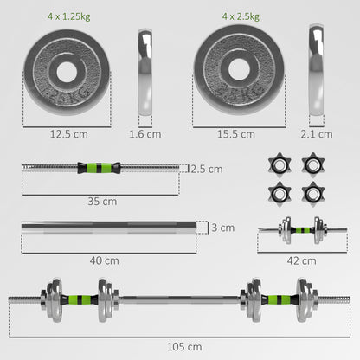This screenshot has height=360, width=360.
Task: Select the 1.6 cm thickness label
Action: tap(146, 133)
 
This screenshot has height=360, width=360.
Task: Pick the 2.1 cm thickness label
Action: tap(319, 133)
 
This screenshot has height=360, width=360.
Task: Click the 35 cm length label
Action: tap(102, 201)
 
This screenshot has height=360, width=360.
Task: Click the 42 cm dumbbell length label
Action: tap(303, 259)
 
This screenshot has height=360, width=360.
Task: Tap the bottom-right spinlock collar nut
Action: tap(312, 191)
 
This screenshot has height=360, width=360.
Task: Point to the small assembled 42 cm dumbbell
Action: tap(302, 231)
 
